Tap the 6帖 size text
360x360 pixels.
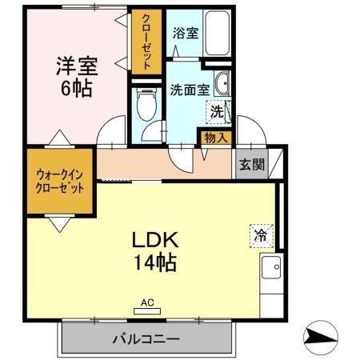click(x=74, y=87)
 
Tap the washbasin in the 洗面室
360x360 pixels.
click(x=223, y=84)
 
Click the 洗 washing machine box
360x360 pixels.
click(x=217, y=112)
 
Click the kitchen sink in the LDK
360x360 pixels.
click(x=272, y=267)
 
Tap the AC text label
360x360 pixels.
click(x=146, y=302)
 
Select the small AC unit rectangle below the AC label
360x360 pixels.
click(x=146, y=311)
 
